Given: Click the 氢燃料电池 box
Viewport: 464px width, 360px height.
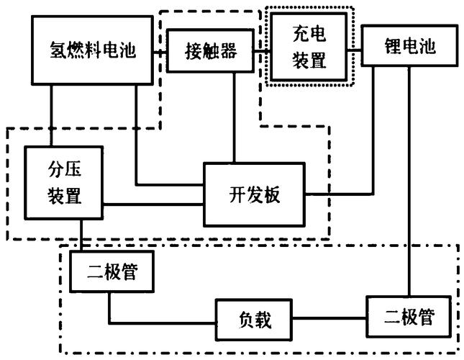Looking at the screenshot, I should pos(93,49).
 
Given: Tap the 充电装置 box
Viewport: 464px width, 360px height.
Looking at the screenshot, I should pos(309,45).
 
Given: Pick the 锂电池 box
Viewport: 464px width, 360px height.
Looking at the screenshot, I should pos(409,47).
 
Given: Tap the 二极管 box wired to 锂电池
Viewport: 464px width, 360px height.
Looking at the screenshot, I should pos(410,315).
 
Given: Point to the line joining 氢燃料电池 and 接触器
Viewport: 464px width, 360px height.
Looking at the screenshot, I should pos(162,51).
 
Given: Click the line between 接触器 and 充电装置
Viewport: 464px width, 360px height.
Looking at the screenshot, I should pos(262,51).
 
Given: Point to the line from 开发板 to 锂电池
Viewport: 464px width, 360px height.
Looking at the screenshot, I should pos(338,194).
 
